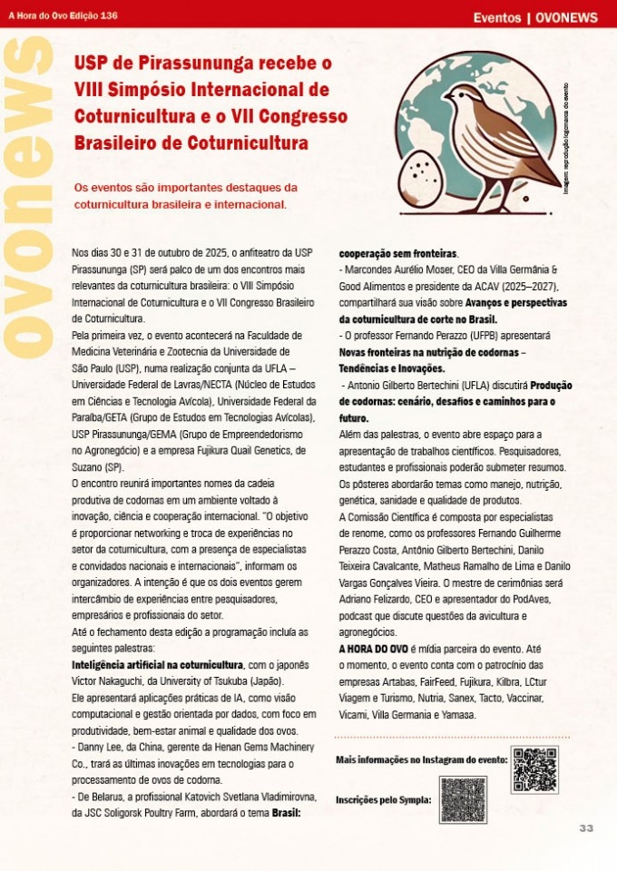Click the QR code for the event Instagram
click(534, 769)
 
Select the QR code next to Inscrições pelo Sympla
click(463, 799)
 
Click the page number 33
click(586, 828)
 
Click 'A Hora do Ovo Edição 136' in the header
click(64, 15)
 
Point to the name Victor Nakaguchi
click(110, 681)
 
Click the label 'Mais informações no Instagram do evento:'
click(421, 759)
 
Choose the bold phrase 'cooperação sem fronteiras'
click(397, 254)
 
